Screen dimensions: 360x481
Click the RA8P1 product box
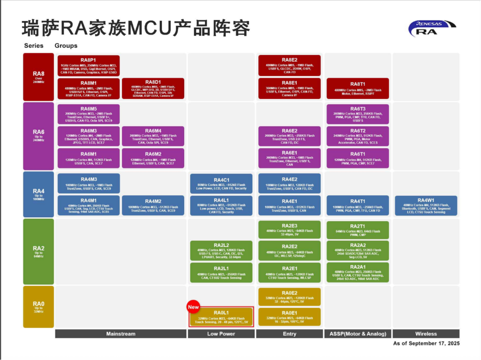point(88,66)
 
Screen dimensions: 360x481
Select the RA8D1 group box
point(153,89)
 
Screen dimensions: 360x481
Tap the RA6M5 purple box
point(88,114)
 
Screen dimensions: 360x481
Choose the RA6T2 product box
point(357,137)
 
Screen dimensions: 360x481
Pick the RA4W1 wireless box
point(426,206)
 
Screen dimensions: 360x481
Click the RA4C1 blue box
point(221,184)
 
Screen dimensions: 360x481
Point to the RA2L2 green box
point(221,251)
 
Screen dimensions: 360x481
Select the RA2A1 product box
point(357,273)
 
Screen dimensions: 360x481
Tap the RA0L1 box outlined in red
point(221,317)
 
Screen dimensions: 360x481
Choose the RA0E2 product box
point(289,297)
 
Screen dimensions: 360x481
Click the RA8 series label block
point(39,77)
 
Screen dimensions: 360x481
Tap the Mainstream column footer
point(121,334)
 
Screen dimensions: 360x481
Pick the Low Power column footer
point(221,334)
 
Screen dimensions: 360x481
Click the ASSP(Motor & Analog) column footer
point(357,334)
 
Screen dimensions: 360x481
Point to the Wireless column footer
point(426,334)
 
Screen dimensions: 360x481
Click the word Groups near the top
point(66,46)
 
